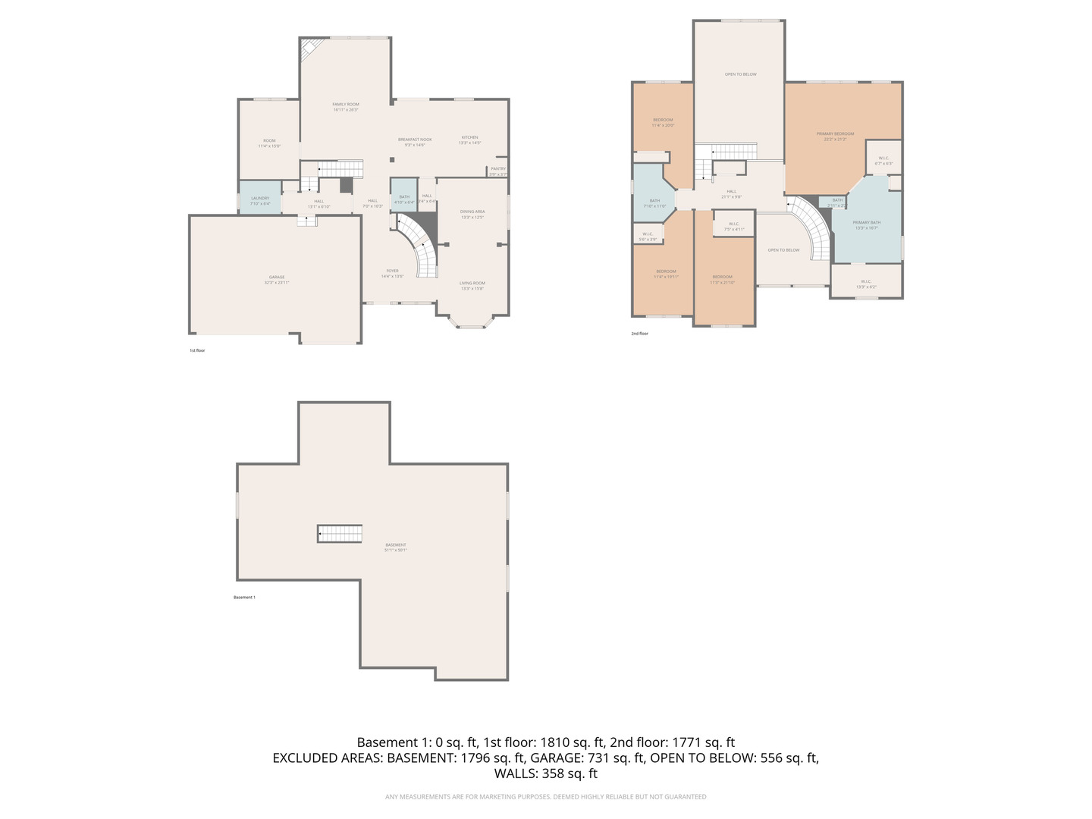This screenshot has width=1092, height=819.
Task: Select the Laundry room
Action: (x=260, y=199)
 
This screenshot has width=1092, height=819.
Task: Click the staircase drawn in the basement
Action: (x=340, y=533)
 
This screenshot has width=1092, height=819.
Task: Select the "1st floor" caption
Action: (x=197, y=350)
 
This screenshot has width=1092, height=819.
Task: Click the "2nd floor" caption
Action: (x=640, y=334)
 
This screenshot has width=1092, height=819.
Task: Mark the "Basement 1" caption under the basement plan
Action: (x=244, y=598)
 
